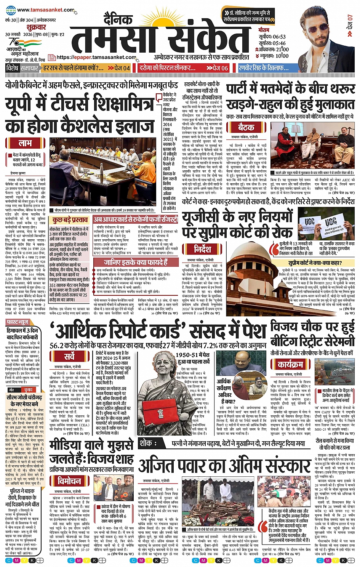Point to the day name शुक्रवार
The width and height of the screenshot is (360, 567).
(36, 27)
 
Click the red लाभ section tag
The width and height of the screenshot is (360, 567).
(25, 143)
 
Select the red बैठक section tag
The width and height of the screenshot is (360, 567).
(246, 127)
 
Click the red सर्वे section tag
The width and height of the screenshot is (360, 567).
(69, 356)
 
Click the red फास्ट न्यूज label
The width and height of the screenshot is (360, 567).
(18, 322)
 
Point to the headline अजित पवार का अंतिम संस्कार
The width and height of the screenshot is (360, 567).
(225, 465)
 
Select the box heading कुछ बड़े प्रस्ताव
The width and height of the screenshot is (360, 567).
(70, 220)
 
